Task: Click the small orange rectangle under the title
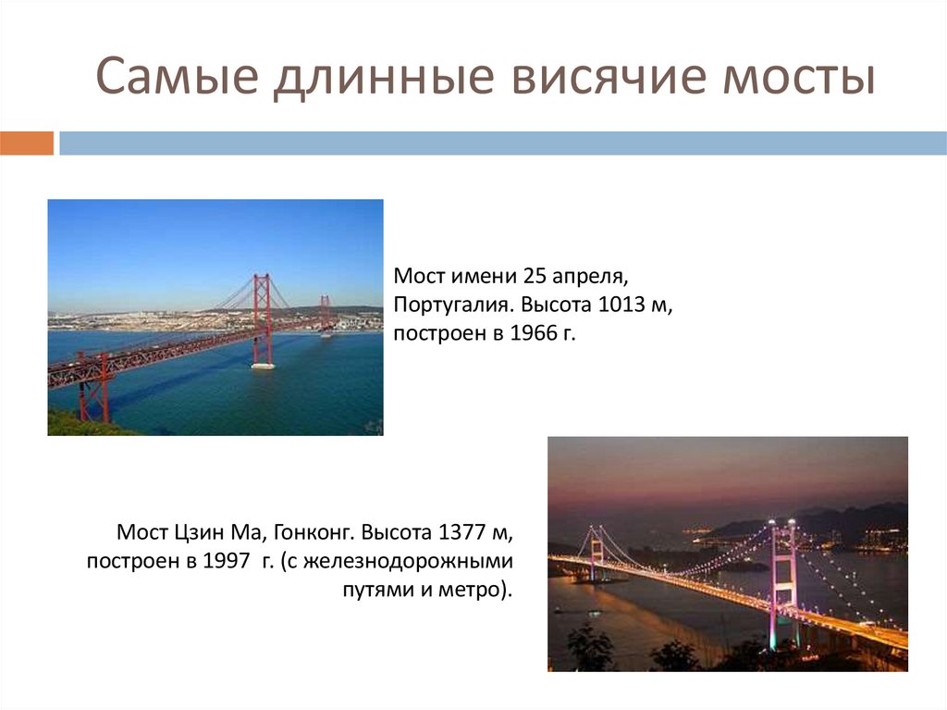coord(27,143)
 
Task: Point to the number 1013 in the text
coord(624,305)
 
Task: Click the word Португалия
coord(453,305)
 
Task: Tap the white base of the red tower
coord(263,366)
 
